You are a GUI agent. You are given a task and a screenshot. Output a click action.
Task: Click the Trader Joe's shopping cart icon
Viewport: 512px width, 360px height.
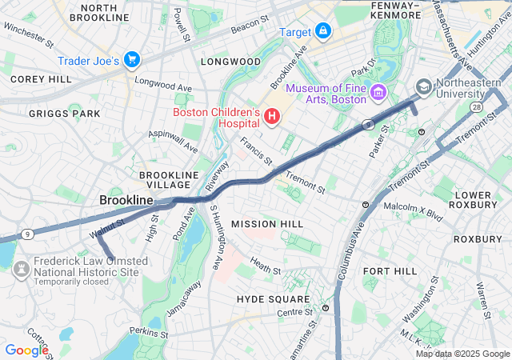click(132, 60)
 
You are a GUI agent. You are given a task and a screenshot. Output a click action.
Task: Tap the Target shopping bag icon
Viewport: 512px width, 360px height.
click(322, 31)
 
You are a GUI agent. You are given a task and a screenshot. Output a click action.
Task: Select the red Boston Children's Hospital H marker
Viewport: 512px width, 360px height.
click(271, 118)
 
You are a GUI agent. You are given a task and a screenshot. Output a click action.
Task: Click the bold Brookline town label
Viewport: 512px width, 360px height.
click(126, 199)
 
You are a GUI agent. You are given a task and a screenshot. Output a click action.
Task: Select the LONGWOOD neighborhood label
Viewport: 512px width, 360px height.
click(230, 62)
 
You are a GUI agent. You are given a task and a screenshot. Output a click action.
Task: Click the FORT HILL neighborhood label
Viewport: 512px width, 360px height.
click(390, 271)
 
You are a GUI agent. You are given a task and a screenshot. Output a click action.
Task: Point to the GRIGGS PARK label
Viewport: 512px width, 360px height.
click(64, 114)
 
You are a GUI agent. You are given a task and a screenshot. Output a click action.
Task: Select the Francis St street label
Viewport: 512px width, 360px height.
click(257, 147)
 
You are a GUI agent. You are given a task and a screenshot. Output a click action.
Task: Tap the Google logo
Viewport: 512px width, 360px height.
click(26, 350)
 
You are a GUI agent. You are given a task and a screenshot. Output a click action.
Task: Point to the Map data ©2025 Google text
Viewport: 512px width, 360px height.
click(462, 354)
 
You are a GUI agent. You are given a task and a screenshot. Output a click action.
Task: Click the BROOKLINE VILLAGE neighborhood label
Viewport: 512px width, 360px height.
click(169, 179)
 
